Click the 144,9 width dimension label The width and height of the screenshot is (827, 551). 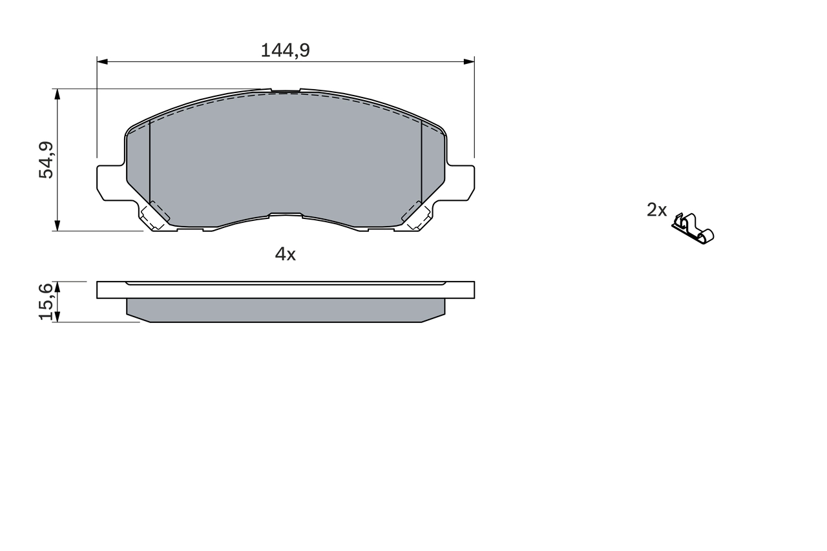tap(285, 50)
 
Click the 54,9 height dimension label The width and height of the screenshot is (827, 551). tap(47, 160)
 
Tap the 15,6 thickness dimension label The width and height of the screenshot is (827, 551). tap(47, 302)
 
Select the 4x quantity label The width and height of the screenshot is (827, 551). tap(285, 255)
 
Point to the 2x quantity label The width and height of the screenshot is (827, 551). tap(656, 210)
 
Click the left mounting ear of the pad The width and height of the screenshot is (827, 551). tap(110, 182)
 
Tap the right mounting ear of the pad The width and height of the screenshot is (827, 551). tap(461, 182)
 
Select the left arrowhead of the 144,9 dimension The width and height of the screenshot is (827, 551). tap(101, 61)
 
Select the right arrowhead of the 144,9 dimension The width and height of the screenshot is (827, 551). tap(470, 61)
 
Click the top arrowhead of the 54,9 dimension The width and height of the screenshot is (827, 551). tap(58, 94)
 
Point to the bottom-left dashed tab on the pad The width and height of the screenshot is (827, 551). tap(155, 216)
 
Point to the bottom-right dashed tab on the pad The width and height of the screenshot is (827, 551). tap(415, 216)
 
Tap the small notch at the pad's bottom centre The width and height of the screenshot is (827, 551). tap(286, 214)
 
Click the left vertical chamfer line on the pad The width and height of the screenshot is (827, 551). tap(149, 161)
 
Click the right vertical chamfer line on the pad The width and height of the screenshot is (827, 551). tap(421, 161)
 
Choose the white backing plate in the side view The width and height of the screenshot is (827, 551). tap(285, 291)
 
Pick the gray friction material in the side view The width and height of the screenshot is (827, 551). tap(285, 310)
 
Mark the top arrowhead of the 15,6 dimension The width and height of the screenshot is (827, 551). tap(58, 286)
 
